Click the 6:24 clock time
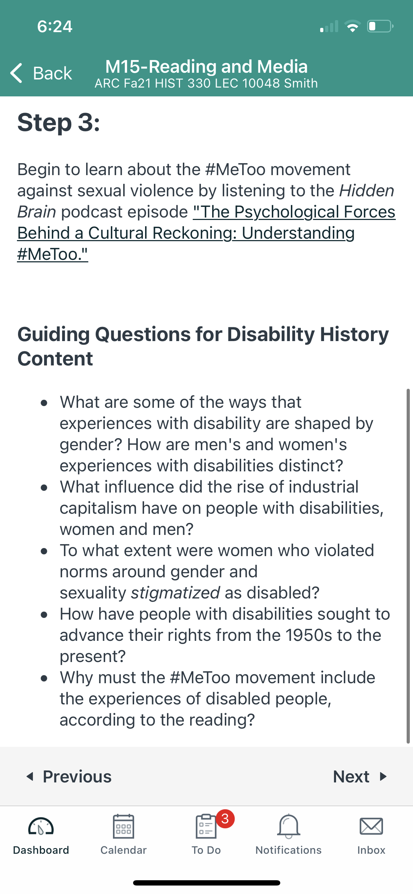coord(55,26)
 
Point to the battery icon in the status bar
coord(381,26)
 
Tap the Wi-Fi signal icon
coord(352,26)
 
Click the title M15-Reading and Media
coord(206,66)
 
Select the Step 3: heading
coord(59,123)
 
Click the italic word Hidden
coord(366,191)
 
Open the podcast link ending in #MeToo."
coord(206,233)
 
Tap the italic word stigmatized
coord(175,593)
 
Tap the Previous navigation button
coord(69,777)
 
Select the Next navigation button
coord(360,777)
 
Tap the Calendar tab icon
coord(124,826)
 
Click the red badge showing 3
coord(225,818)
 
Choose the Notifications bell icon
coord(289,826)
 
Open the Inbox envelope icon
coord(371,826)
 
